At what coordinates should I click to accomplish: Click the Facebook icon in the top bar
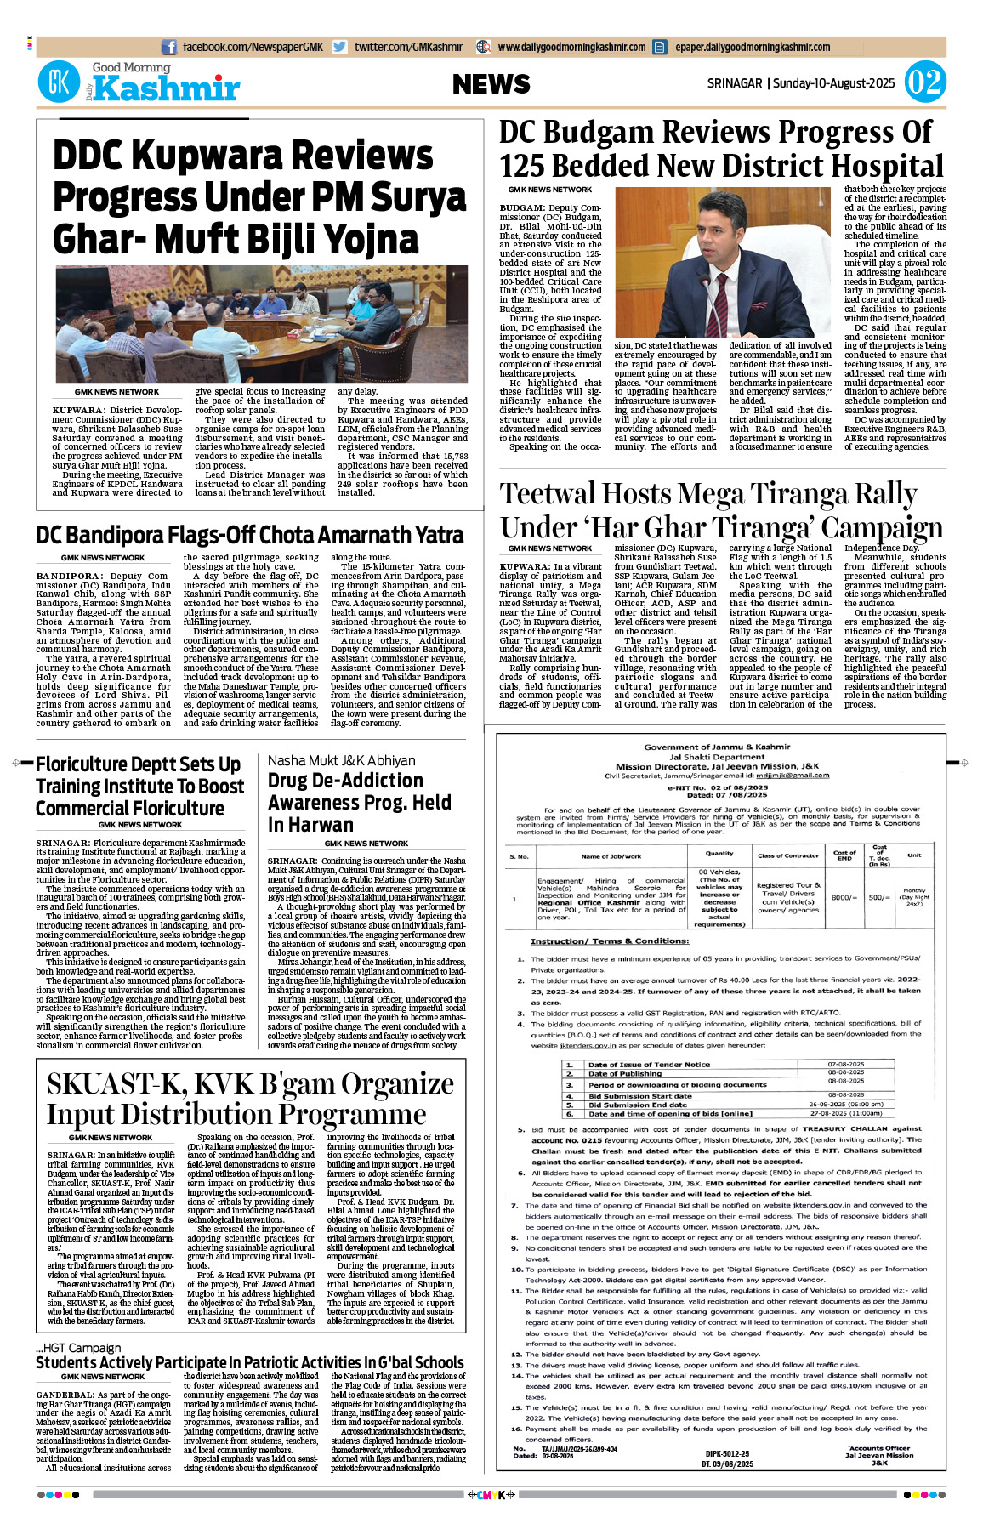pyautogui.click(x=169, y=48)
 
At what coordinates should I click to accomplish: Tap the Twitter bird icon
pyautogui.click(x=340, y=48)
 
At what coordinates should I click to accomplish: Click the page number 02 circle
pyautogui.click(x=924, y=82)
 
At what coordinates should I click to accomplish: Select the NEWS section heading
pyautogui.click(x=491, y=83)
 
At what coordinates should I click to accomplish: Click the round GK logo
pyautogui.click(x=59, y=83)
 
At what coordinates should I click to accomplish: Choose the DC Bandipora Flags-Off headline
pyautogui.click(x=249, y=535)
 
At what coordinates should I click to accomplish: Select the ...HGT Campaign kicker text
pyautogui.click(x=78, y=1348)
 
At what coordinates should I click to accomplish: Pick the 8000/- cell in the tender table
pyautogui.click(x=844, y=897)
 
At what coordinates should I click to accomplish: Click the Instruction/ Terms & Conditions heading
pyautogui.click(x=610, y=941)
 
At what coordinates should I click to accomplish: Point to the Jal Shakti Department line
pyautogui.click(x=717, y=757)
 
